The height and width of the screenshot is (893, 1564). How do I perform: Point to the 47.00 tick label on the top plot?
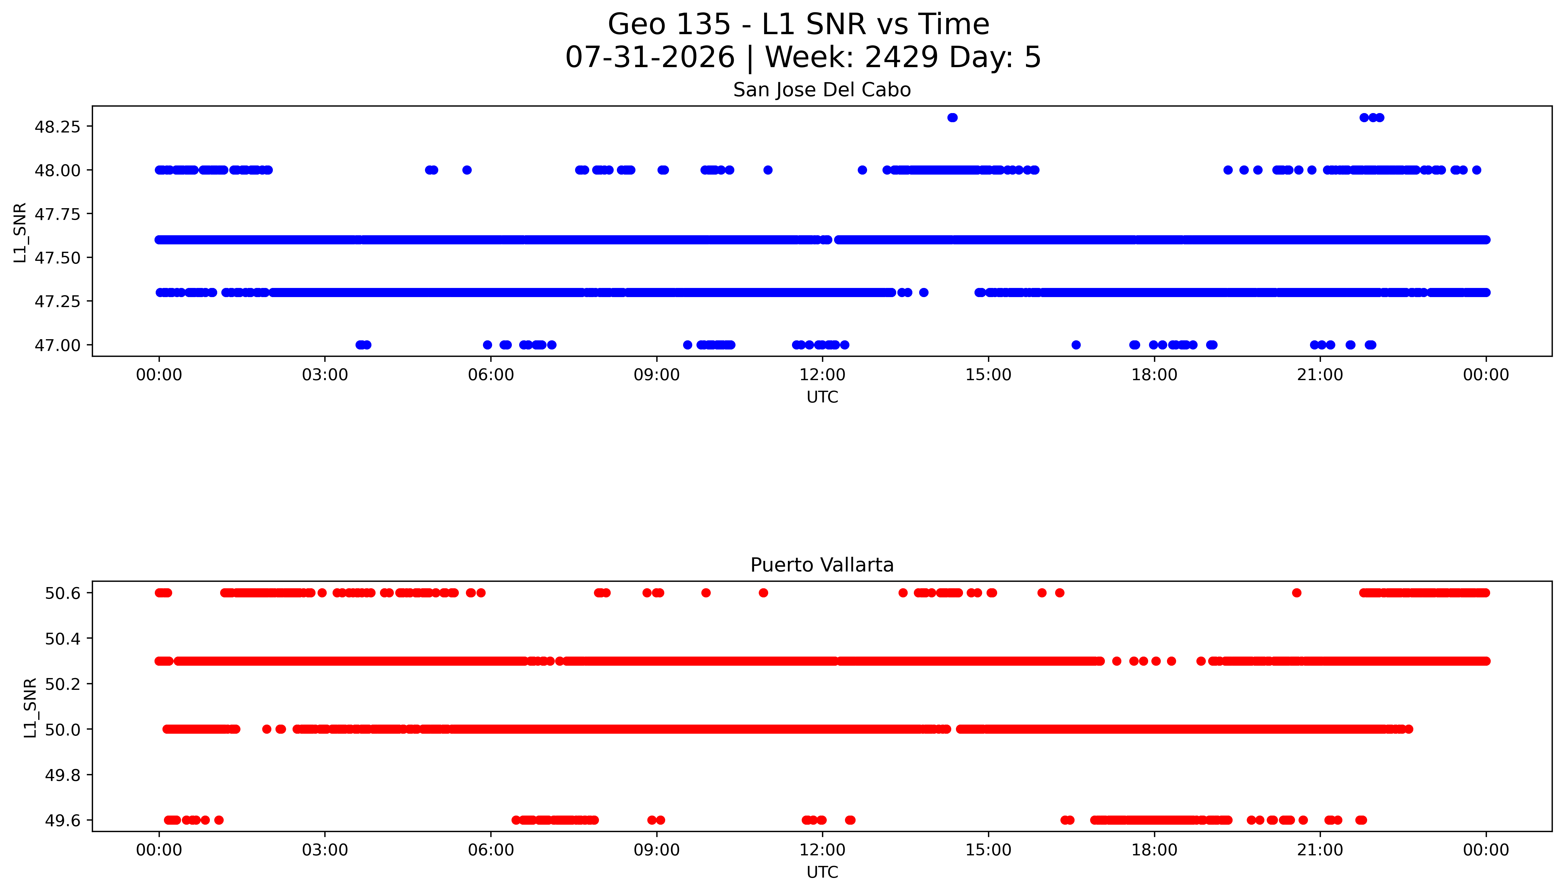[57, 345]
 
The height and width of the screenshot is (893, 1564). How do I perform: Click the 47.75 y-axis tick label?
[57, 214]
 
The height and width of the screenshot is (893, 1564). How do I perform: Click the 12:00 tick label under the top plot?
[822, 375]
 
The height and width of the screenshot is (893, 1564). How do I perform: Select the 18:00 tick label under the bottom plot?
[1154, 850]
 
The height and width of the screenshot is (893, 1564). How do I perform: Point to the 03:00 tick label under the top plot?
[325, 375]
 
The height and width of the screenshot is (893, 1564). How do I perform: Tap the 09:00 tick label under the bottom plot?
[657, 850]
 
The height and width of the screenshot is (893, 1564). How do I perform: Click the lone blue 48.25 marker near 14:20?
[952, 118]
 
